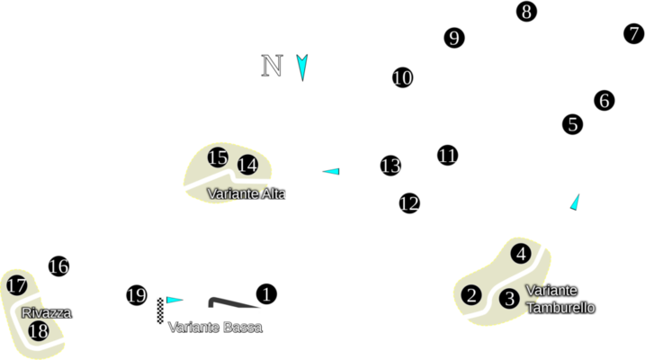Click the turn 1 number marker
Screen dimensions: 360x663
click(265, 293)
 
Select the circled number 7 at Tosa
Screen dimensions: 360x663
click(635, 34)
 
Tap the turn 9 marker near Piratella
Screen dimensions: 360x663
click(454, 38)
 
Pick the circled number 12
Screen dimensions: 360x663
click(409, 202)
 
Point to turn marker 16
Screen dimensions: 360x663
click(58, 266)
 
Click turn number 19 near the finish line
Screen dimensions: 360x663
click(136, 295)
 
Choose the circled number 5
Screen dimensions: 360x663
click(571, 124)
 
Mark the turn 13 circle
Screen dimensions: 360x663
click(390, 166)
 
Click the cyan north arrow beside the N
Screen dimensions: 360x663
click(302, 67)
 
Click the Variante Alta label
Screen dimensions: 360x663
click(240, 193)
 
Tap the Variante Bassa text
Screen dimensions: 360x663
click(214, 328)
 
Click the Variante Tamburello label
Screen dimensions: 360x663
click(558, 299)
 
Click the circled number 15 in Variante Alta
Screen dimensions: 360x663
click(218, 157)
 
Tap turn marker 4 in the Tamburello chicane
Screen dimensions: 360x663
click(522, 254)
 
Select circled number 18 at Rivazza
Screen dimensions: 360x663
click(38, 331)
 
